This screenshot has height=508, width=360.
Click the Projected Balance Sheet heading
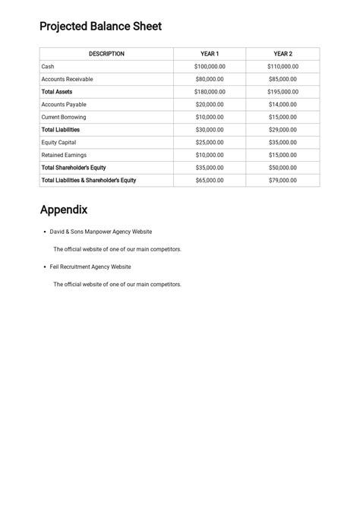[x=100, y=27]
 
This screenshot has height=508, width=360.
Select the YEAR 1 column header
[x=210, y=54]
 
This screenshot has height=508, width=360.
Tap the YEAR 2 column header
[x=283, y=54]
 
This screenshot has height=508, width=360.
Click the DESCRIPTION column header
[x=106, y=54]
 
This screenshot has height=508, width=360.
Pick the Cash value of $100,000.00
[x=210, y=67]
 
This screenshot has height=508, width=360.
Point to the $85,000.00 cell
[x=283, y=79]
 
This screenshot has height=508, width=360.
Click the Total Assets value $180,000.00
[x=210, y=92]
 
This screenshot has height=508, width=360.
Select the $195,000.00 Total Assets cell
[x=283, y=92]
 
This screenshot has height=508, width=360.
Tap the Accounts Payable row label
[x=64, y=105]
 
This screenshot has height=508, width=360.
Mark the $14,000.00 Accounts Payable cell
[x=283, y=105]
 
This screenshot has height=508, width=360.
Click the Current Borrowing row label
[x=64, y=117]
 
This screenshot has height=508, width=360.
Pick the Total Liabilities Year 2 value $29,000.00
[x=283, y=130]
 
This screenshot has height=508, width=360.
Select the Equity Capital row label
[x=58, y=142]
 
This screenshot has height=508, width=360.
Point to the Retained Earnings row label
[x=64, y=155]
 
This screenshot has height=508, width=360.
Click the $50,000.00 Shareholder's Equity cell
[x=283, y=168]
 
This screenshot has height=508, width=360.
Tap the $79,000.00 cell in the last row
[x=283, y=181]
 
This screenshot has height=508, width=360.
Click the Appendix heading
[x=64, y=210]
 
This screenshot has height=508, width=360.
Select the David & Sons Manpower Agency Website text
[x=101, y=232]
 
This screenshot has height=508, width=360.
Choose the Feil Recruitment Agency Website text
[x=90, y=267]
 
